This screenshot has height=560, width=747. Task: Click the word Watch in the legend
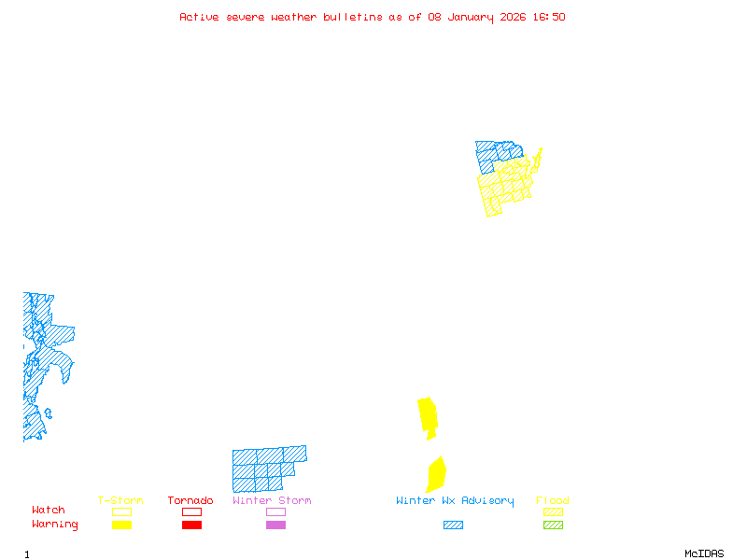click(49, 511)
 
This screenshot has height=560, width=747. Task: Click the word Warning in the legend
click(55, 525)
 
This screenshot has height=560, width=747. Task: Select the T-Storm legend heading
click(120, 501)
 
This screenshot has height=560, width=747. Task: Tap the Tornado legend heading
click(190, 501)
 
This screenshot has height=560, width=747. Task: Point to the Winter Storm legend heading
click(272, 501)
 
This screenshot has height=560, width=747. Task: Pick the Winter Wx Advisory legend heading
click(455, 501)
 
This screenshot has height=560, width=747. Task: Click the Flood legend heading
click(553, 501)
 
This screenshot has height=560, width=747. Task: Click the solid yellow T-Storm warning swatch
click(121, 525)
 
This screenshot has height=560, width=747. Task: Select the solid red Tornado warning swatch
click(191, 525)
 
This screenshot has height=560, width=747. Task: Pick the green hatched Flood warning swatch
click(553, 525)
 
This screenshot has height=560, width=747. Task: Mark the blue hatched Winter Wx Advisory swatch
click(453, 525)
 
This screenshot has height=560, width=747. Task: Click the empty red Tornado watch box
click(191, 511)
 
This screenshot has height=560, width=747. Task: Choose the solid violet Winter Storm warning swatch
click(275, 525)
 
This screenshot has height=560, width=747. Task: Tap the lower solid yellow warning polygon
click(435, 474)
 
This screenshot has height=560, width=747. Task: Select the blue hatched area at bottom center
click(266, 469)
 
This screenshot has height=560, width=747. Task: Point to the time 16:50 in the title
click(549, 17)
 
